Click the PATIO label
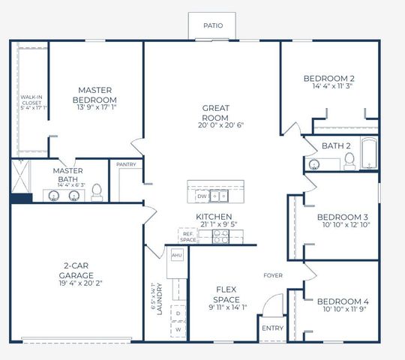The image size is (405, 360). click(213, 25)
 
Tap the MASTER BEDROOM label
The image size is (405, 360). click(96, 95)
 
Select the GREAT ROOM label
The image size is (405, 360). click(215, 112)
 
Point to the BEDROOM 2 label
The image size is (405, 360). click(329, 78)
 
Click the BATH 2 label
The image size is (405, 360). click(337, 145)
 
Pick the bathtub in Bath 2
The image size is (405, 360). click(370, 154)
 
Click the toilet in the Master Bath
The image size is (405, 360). click(96, 193)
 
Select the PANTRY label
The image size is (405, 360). click(125, 164)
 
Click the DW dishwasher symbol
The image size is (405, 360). click(201, 196)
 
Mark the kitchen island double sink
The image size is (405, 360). click(219, 196)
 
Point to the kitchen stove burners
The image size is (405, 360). click(220, 236)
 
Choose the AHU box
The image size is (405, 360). click(177, 255)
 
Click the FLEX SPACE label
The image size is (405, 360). click(227, 293)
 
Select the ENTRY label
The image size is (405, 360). click(271, 328)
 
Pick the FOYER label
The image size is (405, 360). click(273, 275)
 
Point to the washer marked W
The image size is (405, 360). click(178, 329)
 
